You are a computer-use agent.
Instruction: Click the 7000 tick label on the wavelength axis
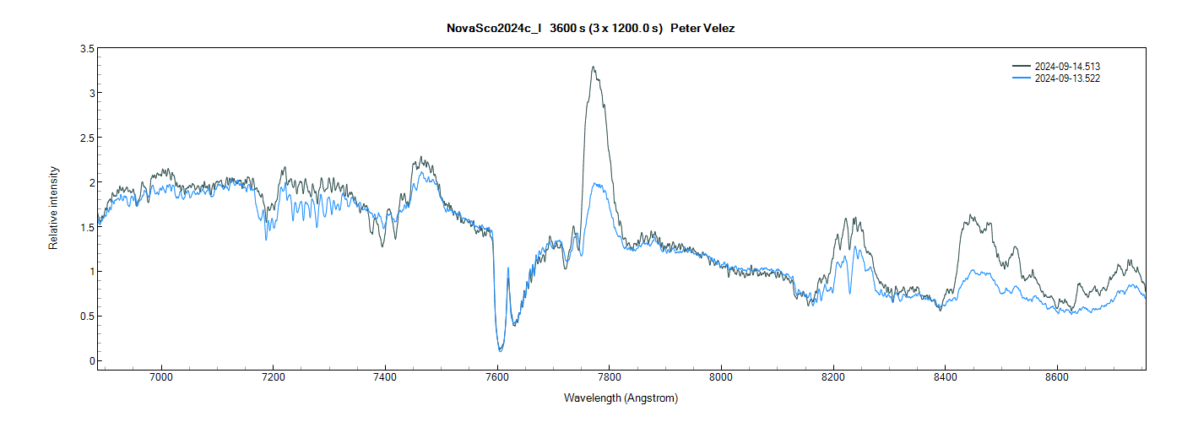tap(160, 378)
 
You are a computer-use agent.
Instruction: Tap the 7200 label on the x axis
tap(273, 378)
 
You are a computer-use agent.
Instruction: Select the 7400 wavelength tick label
tap(385, 378)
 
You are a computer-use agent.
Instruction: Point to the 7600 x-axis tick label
tap(497, 378)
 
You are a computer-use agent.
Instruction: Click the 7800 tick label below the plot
tap(609, 378)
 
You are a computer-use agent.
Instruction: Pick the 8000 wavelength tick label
tap(721, 378)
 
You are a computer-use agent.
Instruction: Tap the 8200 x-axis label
tap(833, 378)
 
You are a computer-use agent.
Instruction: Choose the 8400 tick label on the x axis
tap(945, 378)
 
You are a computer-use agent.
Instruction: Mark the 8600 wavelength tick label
tap(1057, 378)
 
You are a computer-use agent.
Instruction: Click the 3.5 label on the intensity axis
tap(87, 49)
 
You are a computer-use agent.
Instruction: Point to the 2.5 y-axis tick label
tap(87, 138)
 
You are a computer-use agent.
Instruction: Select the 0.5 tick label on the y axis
tap(87, 316)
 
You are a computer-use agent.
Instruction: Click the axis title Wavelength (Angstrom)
tap(621, 398)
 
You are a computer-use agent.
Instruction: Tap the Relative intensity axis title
tap(54, 207)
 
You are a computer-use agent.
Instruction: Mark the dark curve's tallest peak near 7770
tap(594, 68)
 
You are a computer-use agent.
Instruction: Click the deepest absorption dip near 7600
tap(500, 349)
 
